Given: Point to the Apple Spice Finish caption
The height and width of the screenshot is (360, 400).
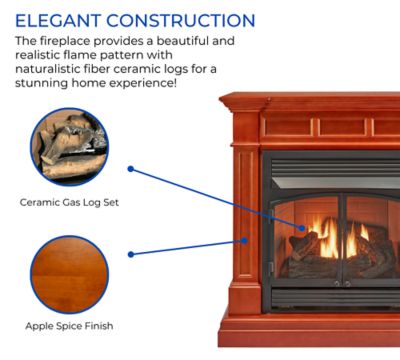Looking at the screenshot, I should [69, 326].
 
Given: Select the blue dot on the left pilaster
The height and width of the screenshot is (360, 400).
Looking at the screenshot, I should [244, 241].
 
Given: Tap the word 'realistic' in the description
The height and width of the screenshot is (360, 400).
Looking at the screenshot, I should [42, 56].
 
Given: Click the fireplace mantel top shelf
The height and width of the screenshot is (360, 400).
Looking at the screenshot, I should [310, 101].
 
